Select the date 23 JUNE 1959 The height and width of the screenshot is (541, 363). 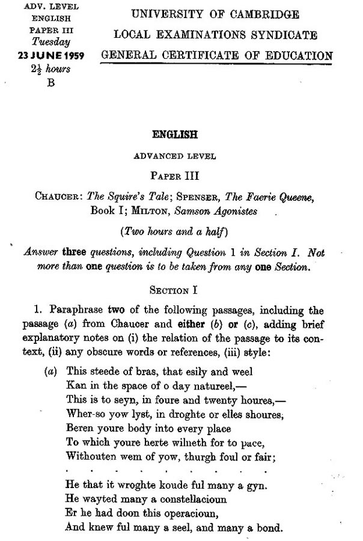[51, 57]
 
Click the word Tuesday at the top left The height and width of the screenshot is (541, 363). [52, 42]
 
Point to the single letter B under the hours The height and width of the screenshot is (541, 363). [51, 83]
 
